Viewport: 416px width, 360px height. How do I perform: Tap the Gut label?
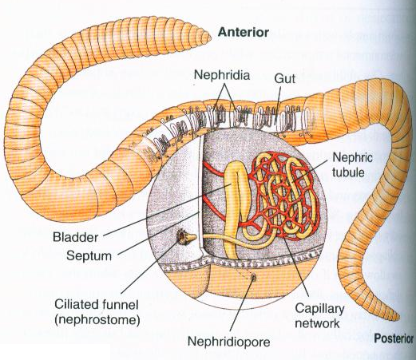pyautogui.click(x=285, y=79)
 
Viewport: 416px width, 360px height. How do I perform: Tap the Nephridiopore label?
pyautogui.click(x=228, y=344)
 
